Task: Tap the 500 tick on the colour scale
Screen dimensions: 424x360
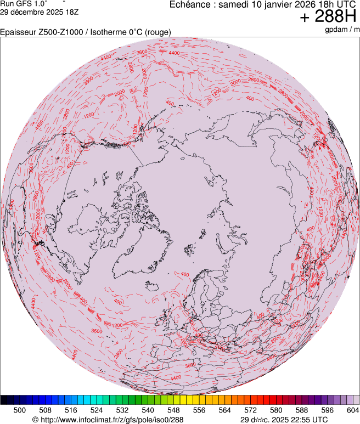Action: point(19,409)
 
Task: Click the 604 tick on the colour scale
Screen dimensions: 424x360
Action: point(353,409)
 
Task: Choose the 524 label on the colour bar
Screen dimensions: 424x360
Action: point(96,409)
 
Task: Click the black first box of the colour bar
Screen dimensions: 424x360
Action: point(4,400)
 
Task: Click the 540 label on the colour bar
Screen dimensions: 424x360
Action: point(148,409)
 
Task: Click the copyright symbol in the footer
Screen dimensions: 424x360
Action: point(35,420)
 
